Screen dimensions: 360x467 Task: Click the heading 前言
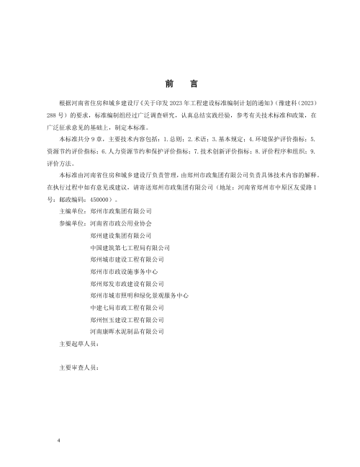pyautogui.click(x=180, y=84)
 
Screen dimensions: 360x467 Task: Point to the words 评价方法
pyautogui.click(x=58, y=164)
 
